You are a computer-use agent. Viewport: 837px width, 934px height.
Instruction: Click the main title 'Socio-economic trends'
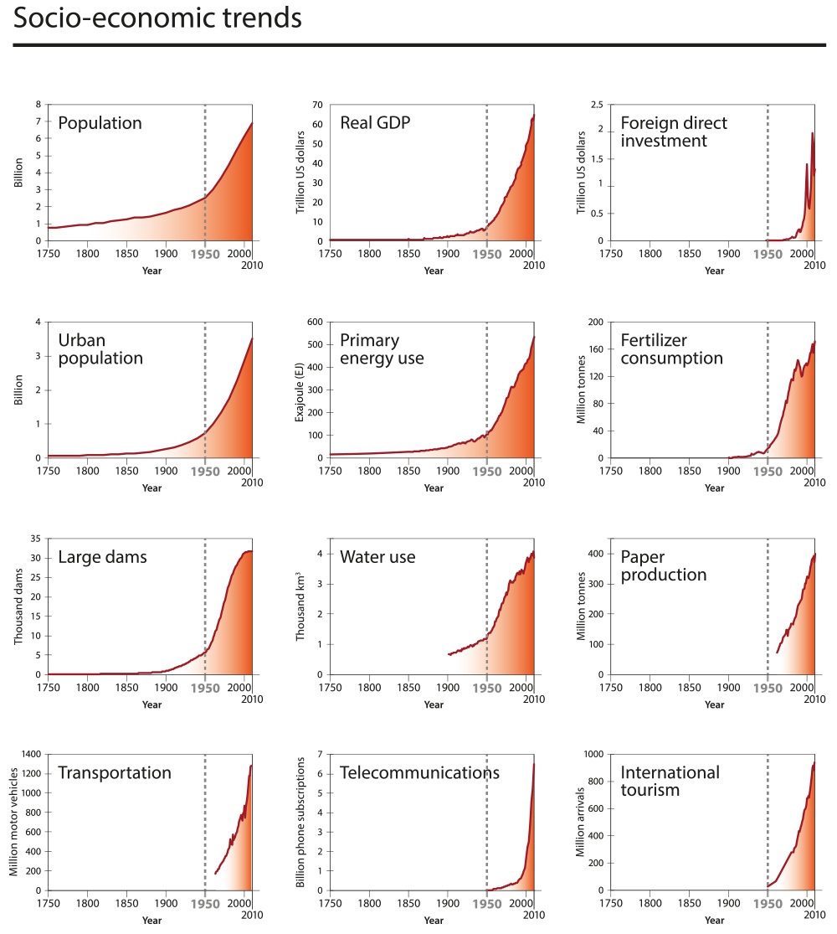pyautogui.click(x=157, y=19)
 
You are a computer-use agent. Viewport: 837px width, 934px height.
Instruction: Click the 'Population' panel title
pyautogui.click(x=100, y=123)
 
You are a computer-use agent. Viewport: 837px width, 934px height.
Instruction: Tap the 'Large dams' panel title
pyautogui.click(x=102, y=558)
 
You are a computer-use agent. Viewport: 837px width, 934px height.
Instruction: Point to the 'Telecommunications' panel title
pyautogui.click(x=419, y=772)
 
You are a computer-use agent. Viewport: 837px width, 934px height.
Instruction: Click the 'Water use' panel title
pyautogui.click(x=377, y=558)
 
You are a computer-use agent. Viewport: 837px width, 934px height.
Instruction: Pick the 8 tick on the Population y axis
pyautogui.click(x=37, y=105)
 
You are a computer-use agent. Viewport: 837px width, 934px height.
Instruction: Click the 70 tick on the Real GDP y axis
pyautogui.click(x=317, y=105)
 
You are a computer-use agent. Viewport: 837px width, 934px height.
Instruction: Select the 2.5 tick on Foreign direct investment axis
pyautogui.click(x=597, y=105)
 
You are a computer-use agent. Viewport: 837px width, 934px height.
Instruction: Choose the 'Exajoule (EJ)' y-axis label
pyautogui.click(x=300, y=390)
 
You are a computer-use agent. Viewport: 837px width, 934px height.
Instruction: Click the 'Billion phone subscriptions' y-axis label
pyautogui.click(x=300, y=823)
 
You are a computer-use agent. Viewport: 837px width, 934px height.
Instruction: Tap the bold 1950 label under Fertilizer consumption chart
pyautogui.click(x=768, y=471)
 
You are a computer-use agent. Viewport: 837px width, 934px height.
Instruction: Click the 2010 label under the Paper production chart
pyautogui.click(x=814, y=698)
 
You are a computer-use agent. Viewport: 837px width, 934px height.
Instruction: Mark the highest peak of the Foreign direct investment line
pyautogui.click(x=811, y=133)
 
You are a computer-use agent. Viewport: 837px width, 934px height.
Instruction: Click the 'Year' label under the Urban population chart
pyautogui.click(x=151, y=488)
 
